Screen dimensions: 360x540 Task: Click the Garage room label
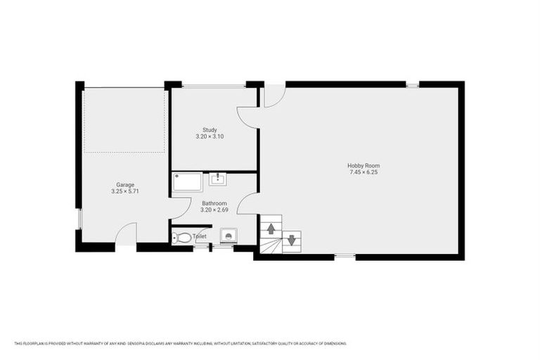pos(125,185)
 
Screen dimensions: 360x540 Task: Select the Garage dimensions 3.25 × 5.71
pos(125,191)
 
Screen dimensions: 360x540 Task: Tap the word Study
pos(210,129)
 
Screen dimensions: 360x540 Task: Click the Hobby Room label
pos(364,166)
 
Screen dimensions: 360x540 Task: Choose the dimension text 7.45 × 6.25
pos(364,172)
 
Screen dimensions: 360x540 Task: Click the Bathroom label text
pos(214,202)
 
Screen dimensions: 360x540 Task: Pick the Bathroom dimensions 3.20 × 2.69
pos(214,209)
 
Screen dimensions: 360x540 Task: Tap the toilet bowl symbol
pos(182,238)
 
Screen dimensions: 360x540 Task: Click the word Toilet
pos(199,237)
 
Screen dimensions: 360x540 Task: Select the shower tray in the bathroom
pos(188,183)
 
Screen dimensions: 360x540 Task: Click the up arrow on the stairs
pos(271,229)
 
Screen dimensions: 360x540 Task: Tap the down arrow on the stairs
pos(291,241)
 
